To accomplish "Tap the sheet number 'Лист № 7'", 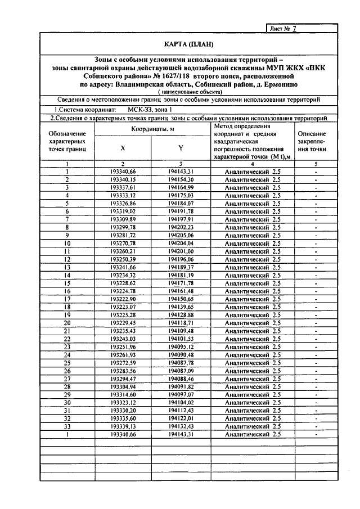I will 283,28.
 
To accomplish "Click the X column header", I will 123,148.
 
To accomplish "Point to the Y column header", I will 181,148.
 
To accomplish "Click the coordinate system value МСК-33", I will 137,110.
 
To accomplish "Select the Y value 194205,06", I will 181,235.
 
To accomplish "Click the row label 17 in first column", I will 67,299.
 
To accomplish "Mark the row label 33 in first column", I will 67,426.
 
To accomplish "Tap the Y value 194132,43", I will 181,426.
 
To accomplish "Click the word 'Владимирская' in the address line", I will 140,84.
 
